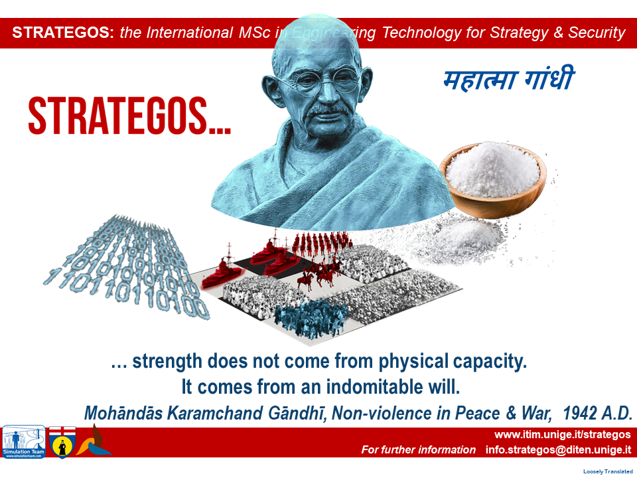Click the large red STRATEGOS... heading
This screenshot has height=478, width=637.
[x=129, y=116]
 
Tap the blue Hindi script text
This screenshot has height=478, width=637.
[x=509, y=79]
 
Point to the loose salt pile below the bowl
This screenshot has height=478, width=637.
[x=467, y=239]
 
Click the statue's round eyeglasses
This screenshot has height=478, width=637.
[x=326, y=81]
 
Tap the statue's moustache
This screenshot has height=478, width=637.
[x=327, y=110]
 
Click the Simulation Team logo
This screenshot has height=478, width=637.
[x=24, y=442]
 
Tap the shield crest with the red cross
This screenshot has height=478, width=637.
[x=62, y=442]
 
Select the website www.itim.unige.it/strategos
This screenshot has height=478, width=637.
[x=562, y=434]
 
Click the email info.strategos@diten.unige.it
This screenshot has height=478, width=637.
[x=558, y=449]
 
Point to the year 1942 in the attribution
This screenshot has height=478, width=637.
[x=580, y=414]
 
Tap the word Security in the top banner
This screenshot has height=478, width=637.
[x=597, y=33]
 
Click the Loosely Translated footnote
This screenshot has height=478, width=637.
[x=608, y=471]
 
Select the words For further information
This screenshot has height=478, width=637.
[x=419, y=449]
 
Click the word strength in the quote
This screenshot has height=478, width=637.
[x=167, y=361]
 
